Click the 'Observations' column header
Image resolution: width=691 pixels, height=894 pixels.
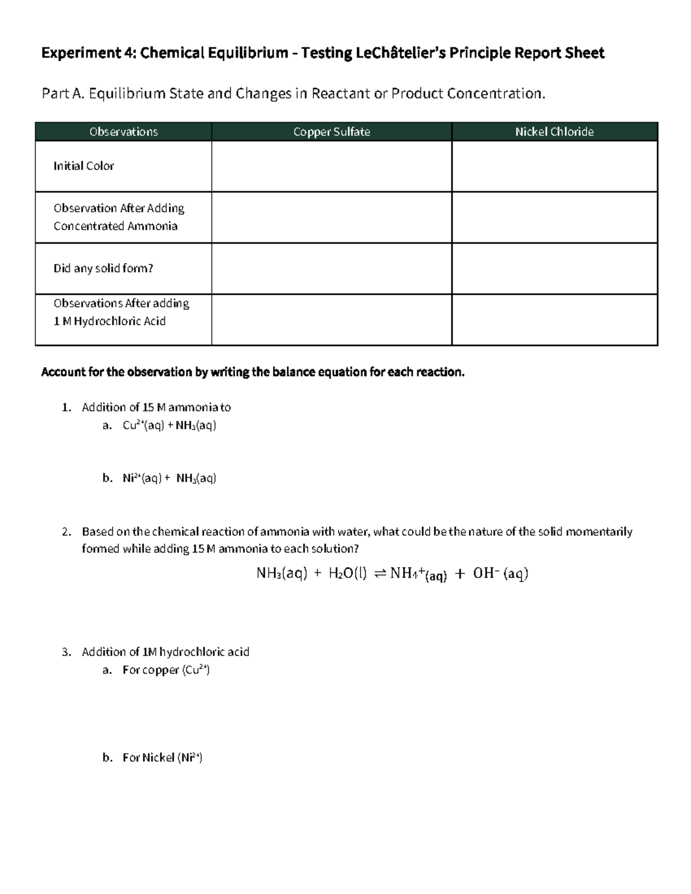[123, 132]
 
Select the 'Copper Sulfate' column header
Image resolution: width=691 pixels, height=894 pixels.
[332, 132]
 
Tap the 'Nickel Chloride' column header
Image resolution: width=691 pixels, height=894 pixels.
[555, 132]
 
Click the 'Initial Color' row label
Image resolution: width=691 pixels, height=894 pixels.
[83, 166]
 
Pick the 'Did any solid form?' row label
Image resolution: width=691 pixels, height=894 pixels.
[103, 268]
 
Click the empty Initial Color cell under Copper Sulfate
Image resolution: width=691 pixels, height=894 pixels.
[332, 166]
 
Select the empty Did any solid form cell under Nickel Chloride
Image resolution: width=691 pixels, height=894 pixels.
[555, 269]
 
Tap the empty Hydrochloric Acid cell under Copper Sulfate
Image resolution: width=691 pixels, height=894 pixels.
[332, 320]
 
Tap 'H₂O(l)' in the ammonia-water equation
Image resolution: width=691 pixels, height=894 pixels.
[347, 573]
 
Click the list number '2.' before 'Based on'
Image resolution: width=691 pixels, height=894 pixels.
[67, 531]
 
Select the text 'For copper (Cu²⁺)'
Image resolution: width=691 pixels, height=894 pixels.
[166, 670]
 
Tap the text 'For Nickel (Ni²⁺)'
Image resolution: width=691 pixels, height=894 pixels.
[162, 758]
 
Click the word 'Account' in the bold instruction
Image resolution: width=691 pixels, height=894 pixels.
[63, 372]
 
